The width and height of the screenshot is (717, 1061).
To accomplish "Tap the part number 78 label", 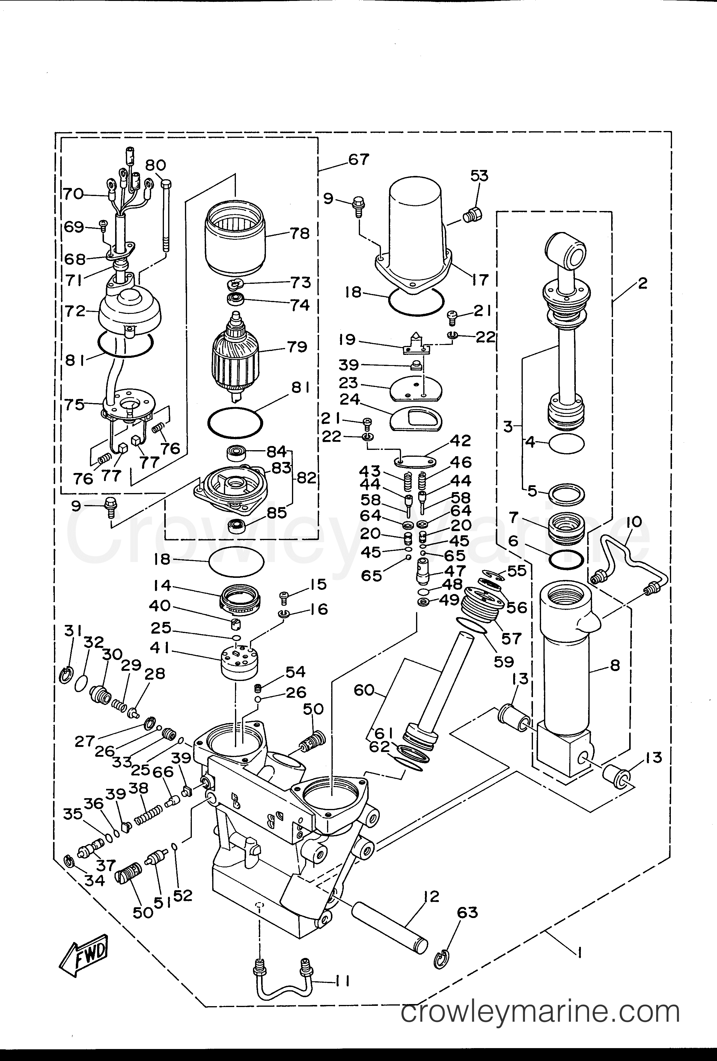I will [x=299, y=234].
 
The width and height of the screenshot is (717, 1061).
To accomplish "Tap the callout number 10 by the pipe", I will [x=634, y=522].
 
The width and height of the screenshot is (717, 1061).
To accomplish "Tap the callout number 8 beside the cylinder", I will [x=615, y=666].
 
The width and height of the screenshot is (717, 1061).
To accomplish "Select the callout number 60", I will [x=364, y=690].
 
